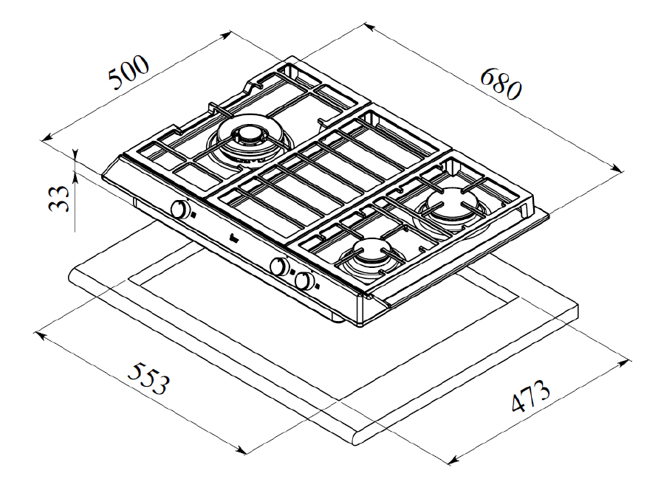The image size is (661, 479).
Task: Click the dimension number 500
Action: click(x=129, y=72)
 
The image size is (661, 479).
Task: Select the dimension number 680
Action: click(x=501, y=84)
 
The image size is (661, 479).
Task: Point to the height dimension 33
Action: click(x=59, y=198)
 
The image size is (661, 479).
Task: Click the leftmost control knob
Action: click(x=180, y=209)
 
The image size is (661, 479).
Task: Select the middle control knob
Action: click(x=279, y=266)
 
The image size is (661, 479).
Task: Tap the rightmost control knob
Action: click(x=304, y=281)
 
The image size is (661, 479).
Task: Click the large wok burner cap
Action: click(x=248, y=134)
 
